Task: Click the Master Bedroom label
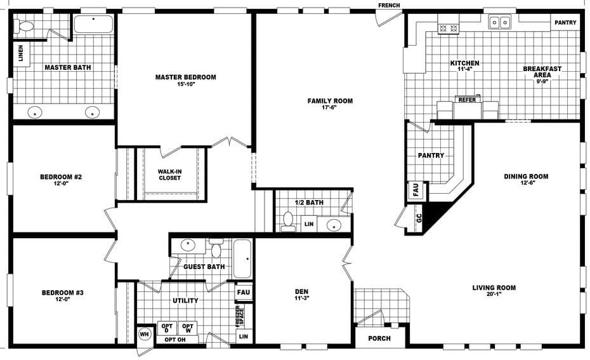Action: pyautogui.click(x=185, y=77)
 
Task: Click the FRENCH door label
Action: pyautogui.click(x=389, y=6)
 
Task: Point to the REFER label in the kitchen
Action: pyautogui.click(x=467, y=100)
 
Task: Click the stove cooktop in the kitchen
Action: pyautogui.click(x=449, y=28)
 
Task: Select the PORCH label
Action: pyautogui.click(x=379, y=338)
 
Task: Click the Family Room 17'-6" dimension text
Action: pyautogui.click(x=330, y=108)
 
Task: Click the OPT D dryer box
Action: pyautogui.click(x=167, y=328)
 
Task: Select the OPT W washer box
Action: pyautogui.click(x=187, y=328)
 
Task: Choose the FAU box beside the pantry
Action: pyautogui.click(x=416, y=191)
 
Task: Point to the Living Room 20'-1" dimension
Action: pyautogui.click(x=494, y=295)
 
